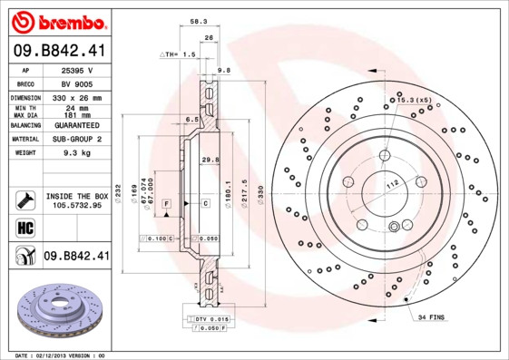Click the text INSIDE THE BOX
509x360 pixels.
click(x=76, y=197)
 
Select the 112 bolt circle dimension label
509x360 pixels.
click(x=392, y=186)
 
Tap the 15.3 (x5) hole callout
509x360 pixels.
click(x=410, y=99)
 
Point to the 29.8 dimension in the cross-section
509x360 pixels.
click(x=210, y=161)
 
